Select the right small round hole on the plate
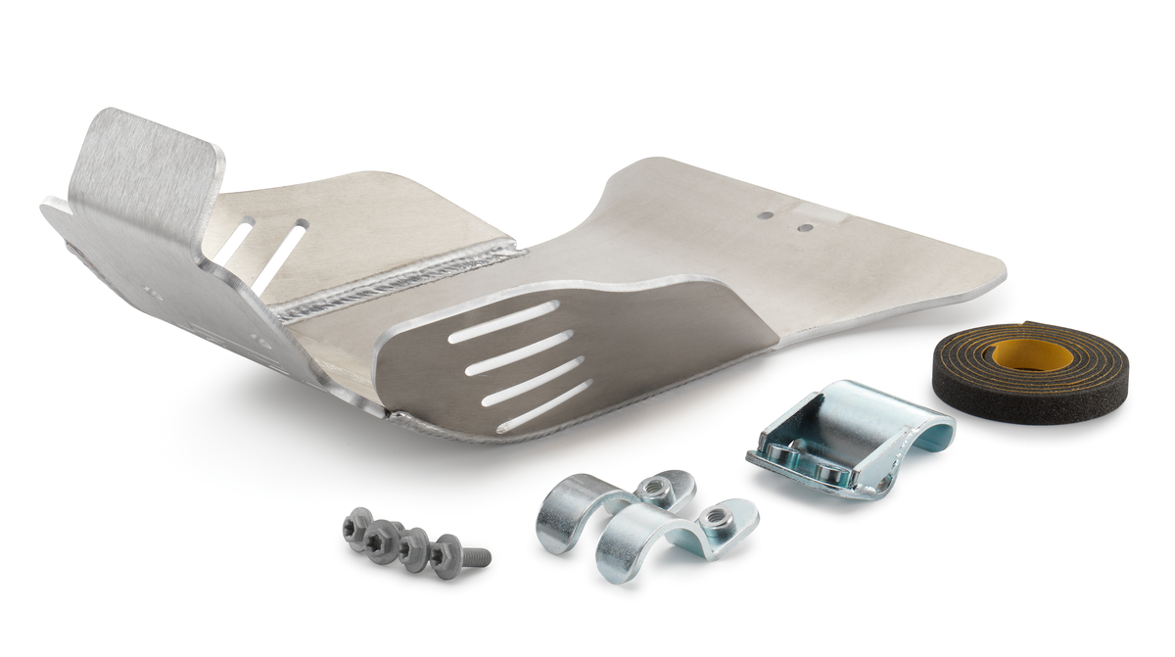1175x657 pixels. (x=805, y=227)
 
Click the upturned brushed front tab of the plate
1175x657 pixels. (x=147, y=162)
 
